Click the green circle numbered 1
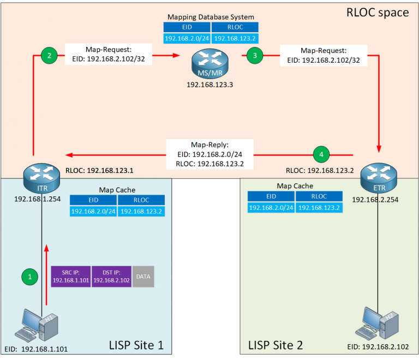point(30,277)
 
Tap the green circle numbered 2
point(49,55)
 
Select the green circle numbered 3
point(254,55)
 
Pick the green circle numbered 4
point(321,155)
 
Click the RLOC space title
point(378,12)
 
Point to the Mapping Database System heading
point(210,17)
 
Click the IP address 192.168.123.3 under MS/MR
point(210,86)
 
